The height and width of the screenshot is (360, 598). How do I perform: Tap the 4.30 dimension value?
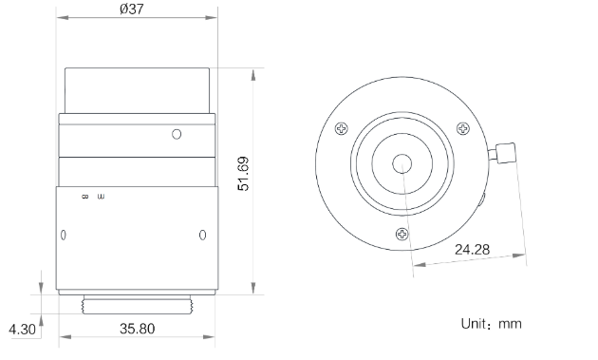pyautogui.click(x=21, y=330)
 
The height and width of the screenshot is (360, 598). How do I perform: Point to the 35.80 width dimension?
pyautogui.click(x=138, y=330)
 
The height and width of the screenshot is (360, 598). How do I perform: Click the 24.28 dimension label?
pyautogui.click(x=473, y=250)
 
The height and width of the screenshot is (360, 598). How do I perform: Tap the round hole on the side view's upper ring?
pyautogui.click(x=176, y=134)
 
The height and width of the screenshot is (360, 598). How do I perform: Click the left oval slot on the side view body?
pyautogui.click(x=64, y=235)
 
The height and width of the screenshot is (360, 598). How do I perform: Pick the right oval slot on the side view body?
pyautogui.click(x=201, y=235)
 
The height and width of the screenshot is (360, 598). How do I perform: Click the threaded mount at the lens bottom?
pyautogui.click(x=138, y=306)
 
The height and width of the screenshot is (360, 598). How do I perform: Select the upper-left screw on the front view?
pyautogui.click(x=342, y=130)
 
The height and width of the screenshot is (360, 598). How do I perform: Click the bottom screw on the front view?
pyautogui.click(x=402, y=233)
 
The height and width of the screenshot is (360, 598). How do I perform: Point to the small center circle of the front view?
pyautogui.click(x=402, y=163)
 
